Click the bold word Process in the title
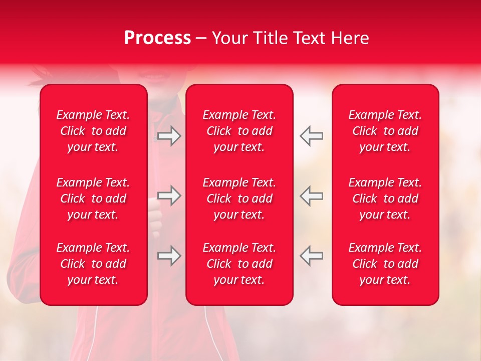click(x=157, y=38)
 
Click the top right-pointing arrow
click(x=169, y=136)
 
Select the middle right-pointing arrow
click(x=169, y=196)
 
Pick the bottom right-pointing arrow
click(x=169, y=256)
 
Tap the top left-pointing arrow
click(x=312, y=136)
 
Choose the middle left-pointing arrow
click(x=312, y=196)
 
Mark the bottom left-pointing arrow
click(x=312, y=256)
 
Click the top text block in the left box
click(x=93, y=131)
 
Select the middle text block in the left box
click(x=93, y=199)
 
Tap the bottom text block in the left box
click(x=93, y=264)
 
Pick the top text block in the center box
click(x=239, y=131)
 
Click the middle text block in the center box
click(x=239, y=199)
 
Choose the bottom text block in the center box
click(x=239, y=264)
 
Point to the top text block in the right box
click(x=385, y=131)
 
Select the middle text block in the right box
click(x=385, y=199)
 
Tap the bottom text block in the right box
click(x=385, y=264)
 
